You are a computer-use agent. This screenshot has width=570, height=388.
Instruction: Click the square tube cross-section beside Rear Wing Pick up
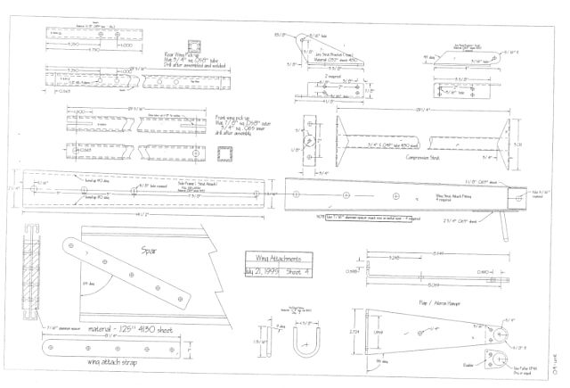195,46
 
